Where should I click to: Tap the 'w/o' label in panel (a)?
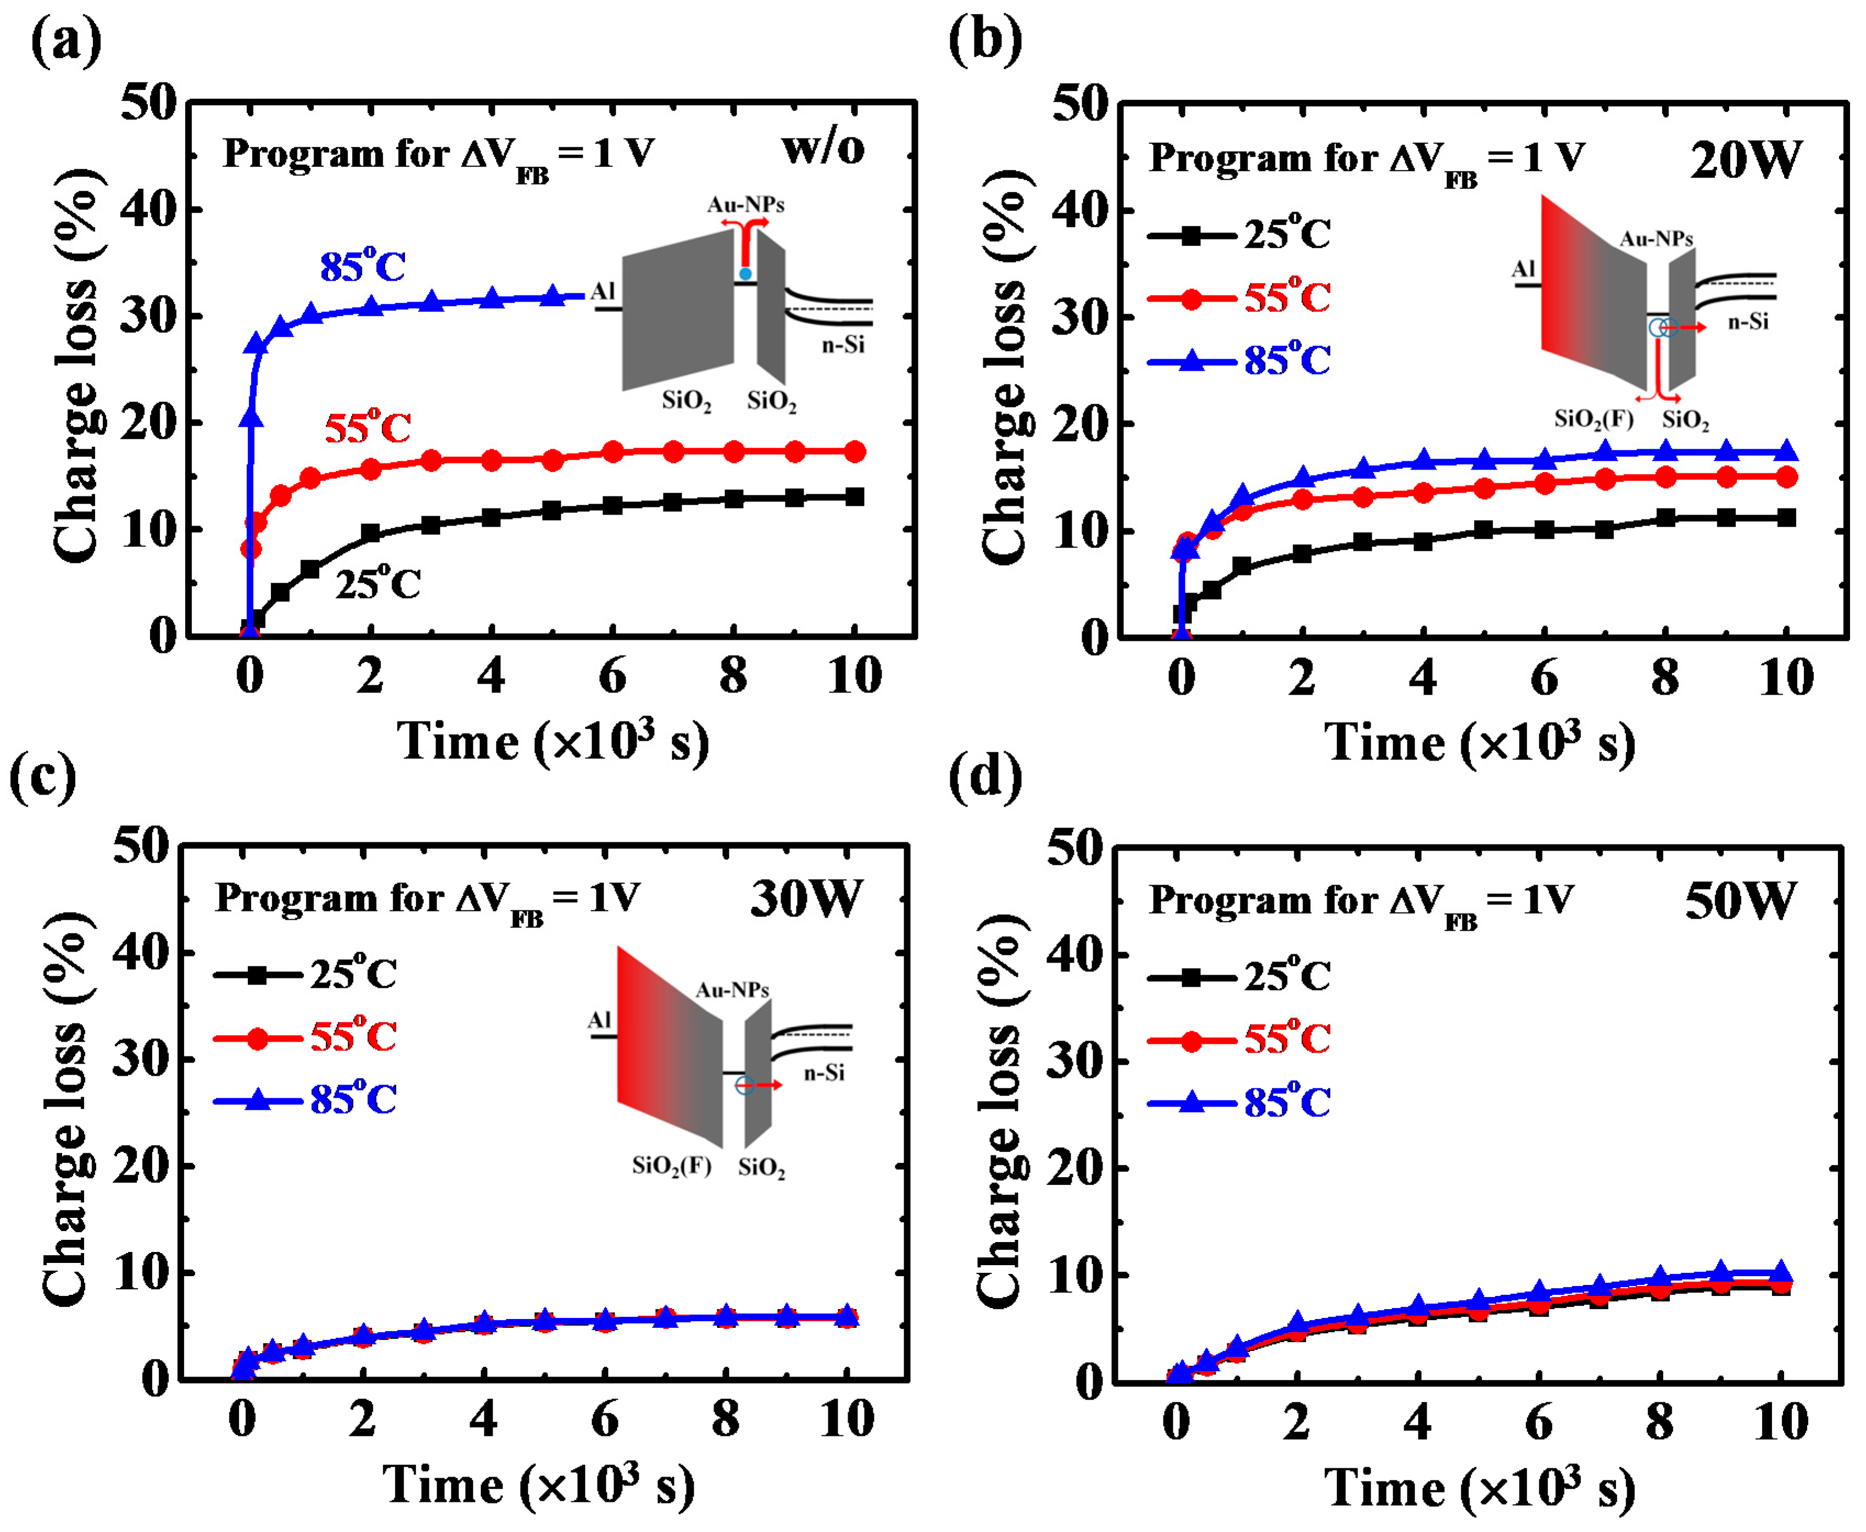pyautogui.click(x=823, y=148)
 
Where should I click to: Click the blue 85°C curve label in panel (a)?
pyautogui.click(x=362, y=265)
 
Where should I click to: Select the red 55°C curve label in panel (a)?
pyautogui.click(x=367, y=427)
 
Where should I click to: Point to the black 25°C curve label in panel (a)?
pyautogui.click(x=377, y=583)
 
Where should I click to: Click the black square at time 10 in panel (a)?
pyautogui.click(x=854, y=497)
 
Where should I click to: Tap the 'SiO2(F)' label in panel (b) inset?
pyautogui.click(x=1593, y=418)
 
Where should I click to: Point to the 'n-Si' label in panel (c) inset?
pyautogui.click(x=823, y=1072)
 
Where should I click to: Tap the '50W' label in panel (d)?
pyautogui.click(x=1740, y=902)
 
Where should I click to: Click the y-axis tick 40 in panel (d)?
pyautogui.click(x=1074, y=955)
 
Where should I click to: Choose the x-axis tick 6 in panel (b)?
pyautogui.click(x=1544, y=678)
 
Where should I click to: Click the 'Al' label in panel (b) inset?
pyautogui.click(x=1524, y=269)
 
